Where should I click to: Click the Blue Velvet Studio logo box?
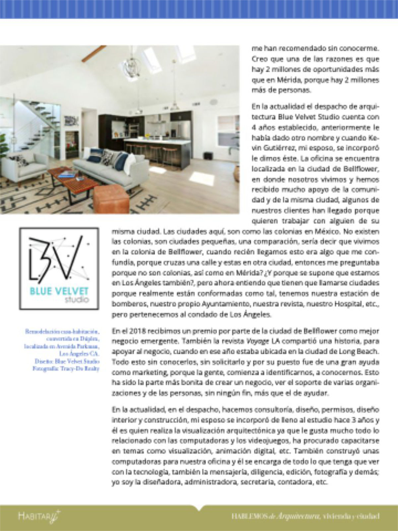tap(59, 268)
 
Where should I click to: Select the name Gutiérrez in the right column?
tap(269, 147)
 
